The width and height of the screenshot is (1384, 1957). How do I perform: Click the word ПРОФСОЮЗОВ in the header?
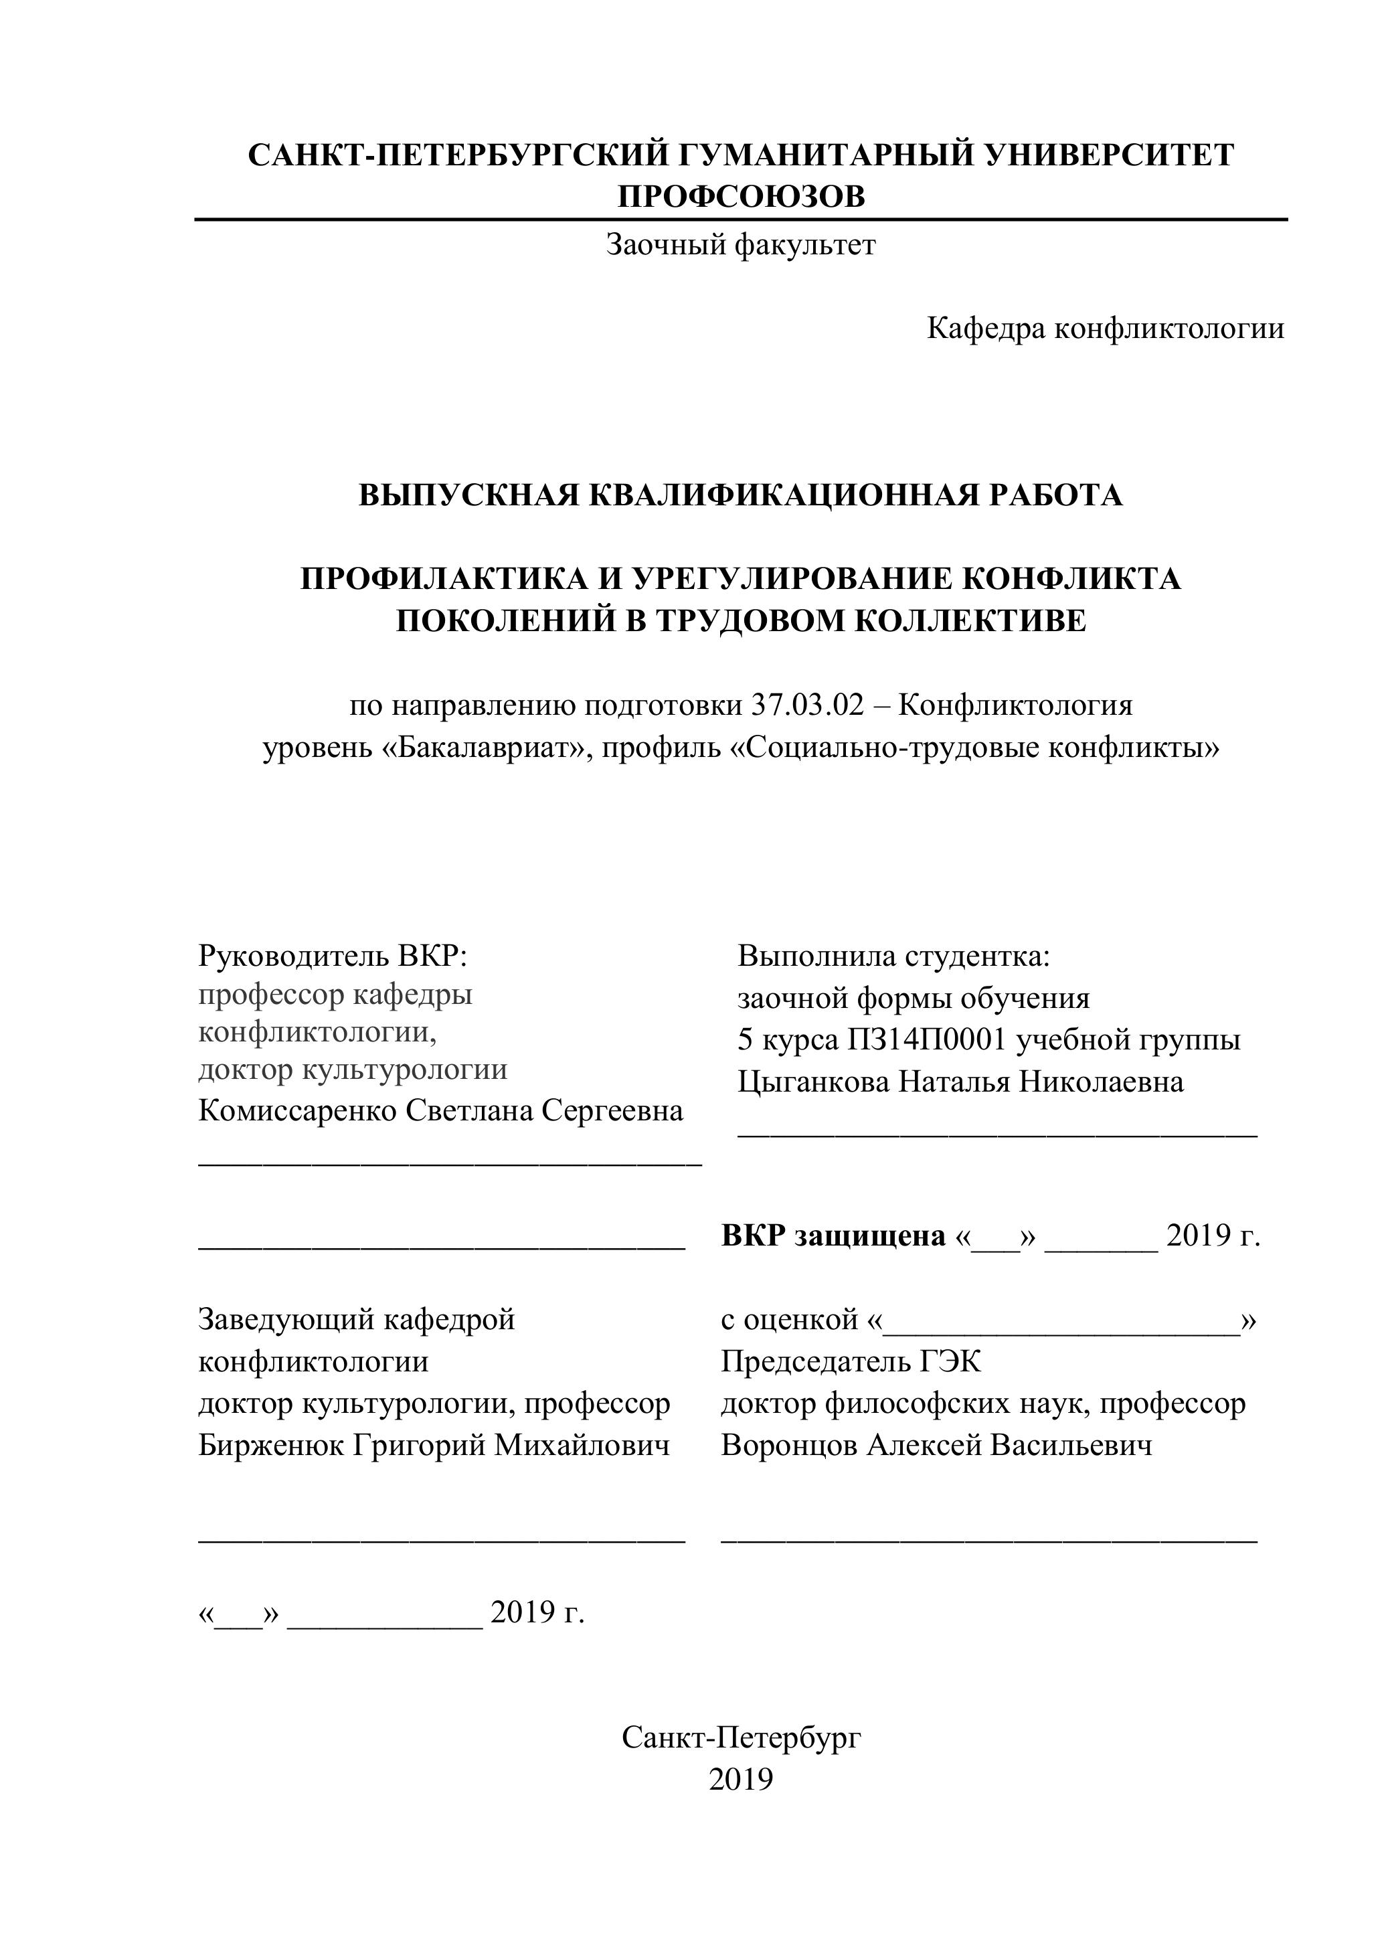741,197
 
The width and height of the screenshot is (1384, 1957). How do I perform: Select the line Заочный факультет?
741,246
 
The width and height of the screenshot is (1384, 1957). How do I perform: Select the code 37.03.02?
807,705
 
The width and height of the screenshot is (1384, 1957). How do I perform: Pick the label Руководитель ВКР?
333,956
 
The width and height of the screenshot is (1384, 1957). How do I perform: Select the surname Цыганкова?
813,1082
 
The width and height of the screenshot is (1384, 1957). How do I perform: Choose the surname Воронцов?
789,1445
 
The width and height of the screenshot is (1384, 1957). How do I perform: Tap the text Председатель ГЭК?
851,1361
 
